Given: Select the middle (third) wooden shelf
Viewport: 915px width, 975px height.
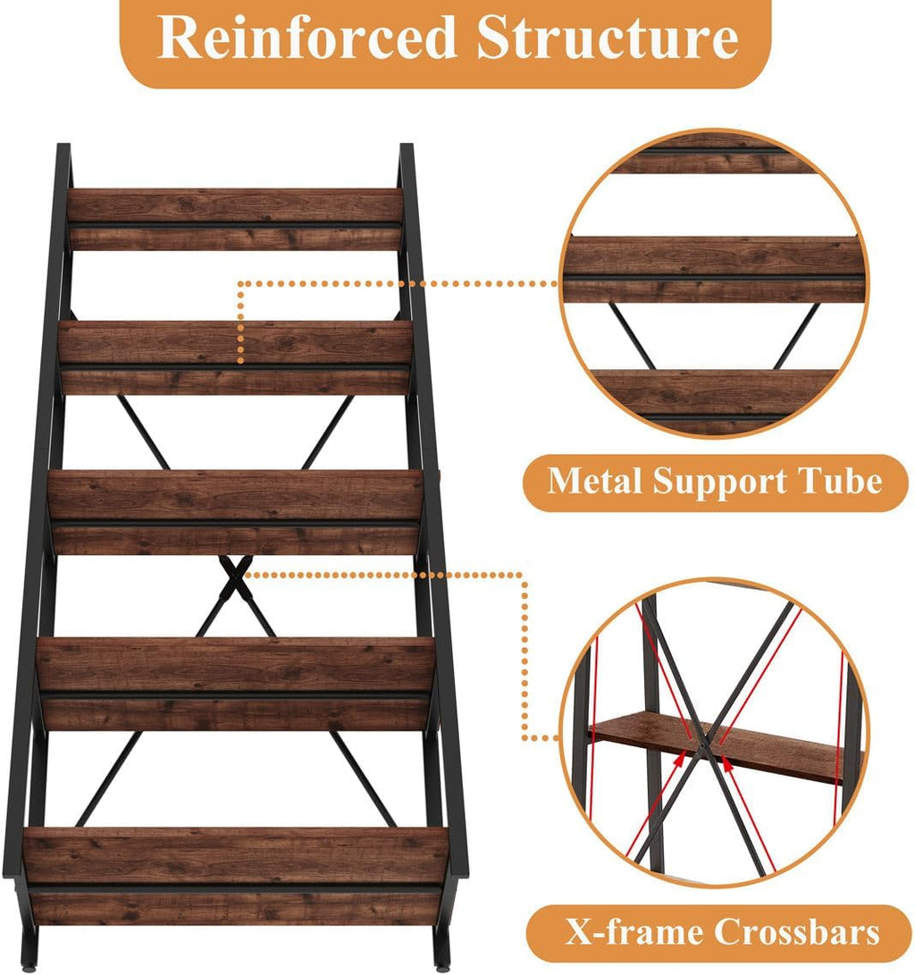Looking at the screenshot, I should click(x=236, y=511).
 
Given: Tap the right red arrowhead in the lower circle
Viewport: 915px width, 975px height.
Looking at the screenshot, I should click(x=726, y=762).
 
